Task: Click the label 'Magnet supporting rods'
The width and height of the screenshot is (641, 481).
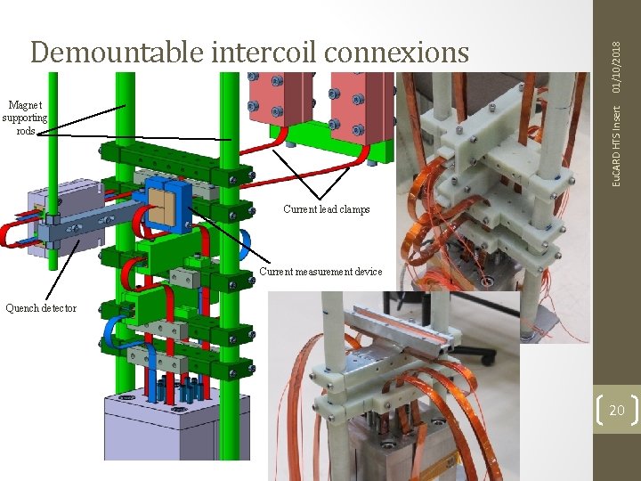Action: click(25, 118)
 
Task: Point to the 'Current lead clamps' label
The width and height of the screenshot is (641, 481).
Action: click(326, 209)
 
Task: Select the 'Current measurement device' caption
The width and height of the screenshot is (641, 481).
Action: click(320, 272)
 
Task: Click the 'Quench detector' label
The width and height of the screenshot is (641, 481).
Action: click(40, 308)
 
